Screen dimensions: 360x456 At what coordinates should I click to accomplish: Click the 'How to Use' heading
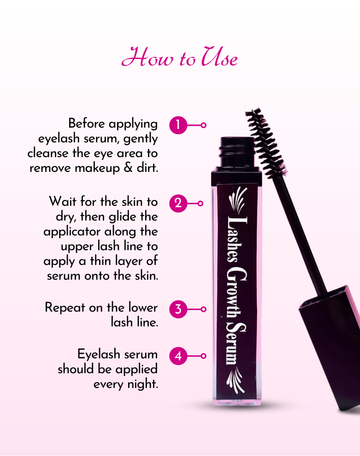tap(179, 57)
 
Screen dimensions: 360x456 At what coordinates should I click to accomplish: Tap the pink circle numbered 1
tap(178, 125)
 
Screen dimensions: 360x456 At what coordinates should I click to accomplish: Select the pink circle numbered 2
tap(178, 203)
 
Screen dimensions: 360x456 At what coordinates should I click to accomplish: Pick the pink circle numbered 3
tap(178, 309)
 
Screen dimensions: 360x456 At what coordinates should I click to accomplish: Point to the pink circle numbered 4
tap(178, 356)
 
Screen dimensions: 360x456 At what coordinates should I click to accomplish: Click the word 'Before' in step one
tap(87, 123)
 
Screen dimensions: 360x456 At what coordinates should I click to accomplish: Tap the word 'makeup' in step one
tap(97, 168)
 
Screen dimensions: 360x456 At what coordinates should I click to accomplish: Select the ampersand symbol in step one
tap(128, 168)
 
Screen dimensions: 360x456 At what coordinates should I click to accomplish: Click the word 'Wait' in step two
tap(63, 201)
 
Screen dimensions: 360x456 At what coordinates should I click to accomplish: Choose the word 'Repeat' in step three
tap(65, 308)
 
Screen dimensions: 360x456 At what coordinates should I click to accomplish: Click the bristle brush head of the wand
tap(266, 143)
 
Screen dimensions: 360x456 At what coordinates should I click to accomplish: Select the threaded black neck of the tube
tap(237, 153)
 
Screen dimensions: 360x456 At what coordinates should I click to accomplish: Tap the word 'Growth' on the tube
tap(236, 292)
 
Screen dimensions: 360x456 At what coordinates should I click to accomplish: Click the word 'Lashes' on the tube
tap(237, 239)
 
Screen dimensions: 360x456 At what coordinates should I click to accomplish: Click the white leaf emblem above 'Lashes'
tap(238, 200)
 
